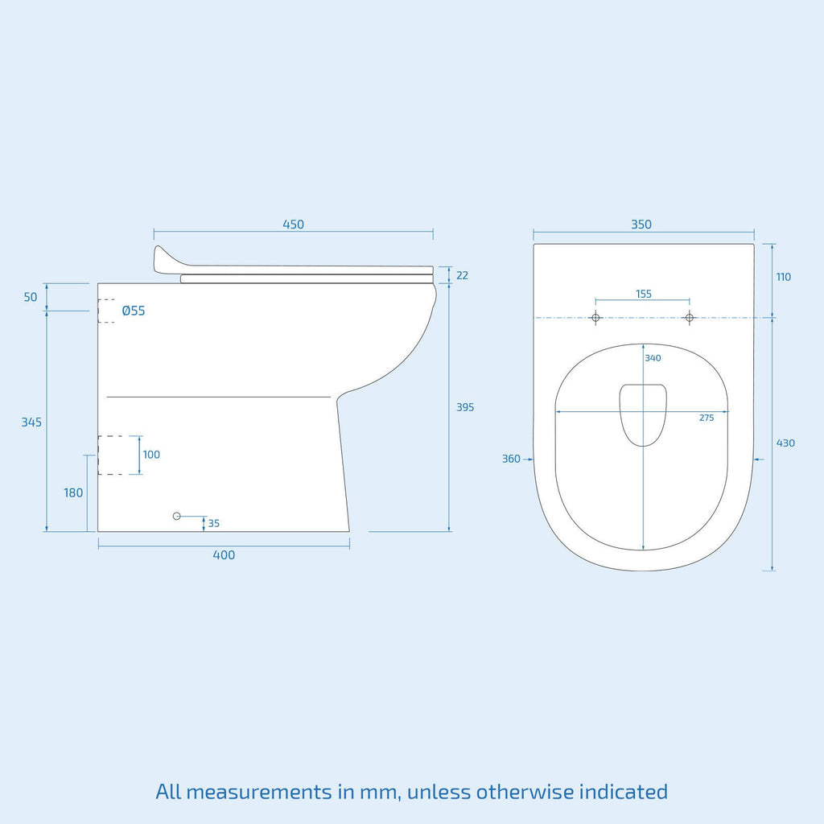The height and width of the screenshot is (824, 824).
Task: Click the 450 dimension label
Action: point(293,225)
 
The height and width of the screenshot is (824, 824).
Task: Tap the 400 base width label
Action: point(224,555)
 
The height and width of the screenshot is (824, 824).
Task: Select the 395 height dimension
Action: point(465,407)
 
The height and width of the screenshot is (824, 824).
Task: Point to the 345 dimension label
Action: point(31,422)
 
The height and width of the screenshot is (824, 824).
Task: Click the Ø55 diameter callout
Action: point(134,311)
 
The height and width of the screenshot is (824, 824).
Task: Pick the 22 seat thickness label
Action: point(462,275)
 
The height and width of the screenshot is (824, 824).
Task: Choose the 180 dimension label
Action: point(73,493)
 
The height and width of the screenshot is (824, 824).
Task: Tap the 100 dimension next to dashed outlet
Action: point(151,455)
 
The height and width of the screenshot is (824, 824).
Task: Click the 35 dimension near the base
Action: point(214,523)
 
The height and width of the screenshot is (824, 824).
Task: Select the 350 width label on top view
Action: point(641,225)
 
